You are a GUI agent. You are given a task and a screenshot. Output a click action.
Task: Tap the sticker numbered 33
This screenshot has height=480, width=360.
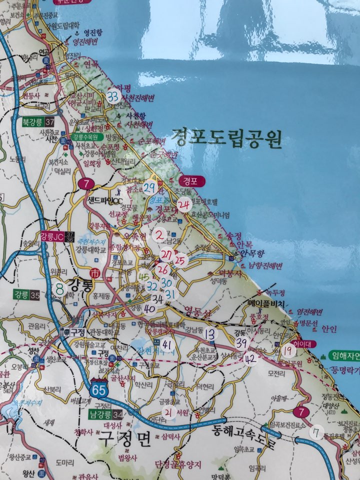point(113,96)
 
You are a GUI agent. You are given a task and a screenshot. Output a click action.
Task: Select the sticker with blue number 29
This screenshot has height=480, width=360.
point(149,188)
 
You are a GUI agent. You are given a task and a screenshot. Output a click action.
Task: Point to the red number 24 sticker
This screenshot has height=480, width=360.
point(183,204)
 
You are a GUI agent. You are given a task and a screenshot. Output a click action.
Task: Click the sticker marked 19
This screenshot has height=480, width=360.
point(288,350)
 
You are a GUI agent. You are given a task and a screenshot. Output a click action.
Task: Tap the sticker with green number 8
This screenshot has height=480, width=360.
point(60,288)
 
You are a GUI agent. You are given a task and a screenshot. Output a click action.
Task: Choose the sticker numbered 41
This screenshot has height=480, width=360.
point(167,344)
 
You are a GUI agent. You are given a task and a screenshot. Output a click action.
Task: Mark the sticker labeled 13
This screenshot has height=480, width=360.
point(210,334)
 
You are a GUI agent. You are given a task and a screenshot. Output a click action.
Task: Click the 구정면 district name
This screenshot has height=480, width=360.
point(124,439)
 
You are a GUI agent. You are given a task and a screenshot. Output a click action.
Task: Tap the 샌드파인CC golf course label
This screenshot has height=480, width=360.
point(106,201)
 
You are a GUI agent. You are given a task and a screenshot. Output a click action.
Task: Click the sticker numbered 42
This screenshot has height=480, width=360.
point(250,358)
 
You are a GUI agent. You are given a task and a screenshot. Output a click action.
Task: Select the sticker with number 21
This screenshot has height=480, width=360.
point(169,412)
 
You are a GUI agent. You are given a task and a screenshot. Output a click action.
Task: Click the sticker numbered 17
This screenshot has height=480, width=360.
point(316,432)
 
